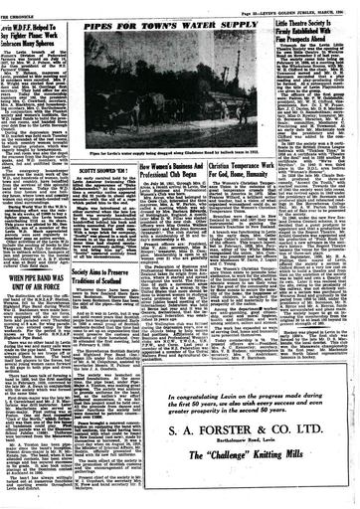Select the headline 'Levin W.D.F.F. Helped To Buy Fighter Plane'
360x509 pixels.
pyautogui.click(x=46, y=26)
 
